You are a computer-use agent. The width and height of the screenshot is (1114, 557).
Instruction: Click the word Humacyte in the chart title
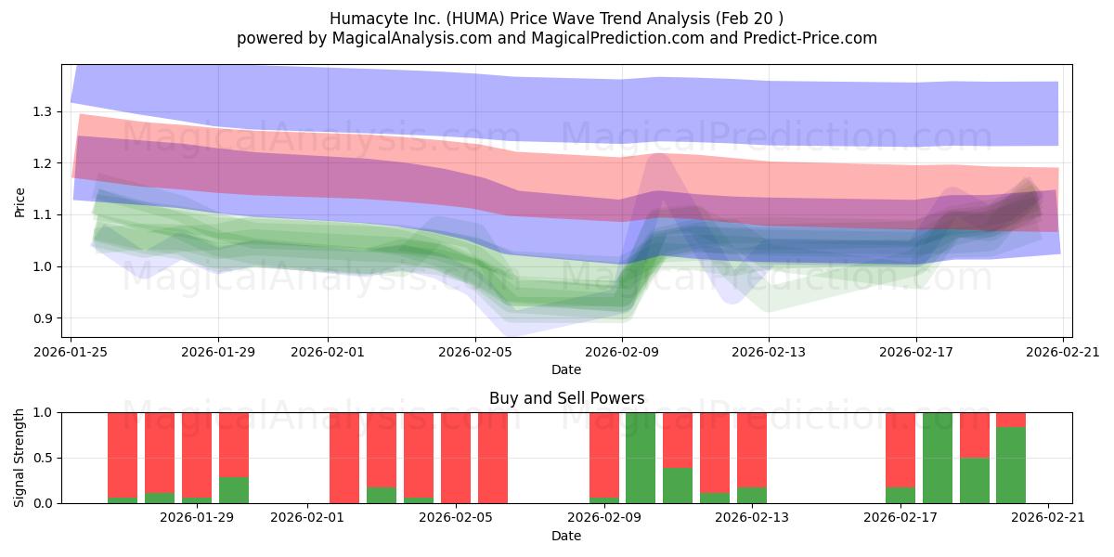(x=363, y=19)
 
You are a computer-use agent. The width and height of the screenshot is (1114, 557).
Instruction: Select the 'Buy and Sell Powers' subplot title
(x=566, y=398)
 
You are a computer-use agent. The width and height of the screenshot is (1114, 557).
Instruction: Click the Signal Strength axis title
(x=20, y=458)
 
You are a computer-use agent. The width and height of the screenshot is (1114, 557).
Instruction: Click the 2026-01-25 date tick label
(x=71, y=352)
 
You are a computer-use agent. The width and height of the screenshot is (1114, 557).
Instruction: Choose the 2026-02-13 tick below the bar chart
(x=752, y=518)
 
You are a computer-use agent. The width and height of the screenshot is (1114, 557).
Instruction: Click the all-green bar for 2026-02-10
(x=641, y=458)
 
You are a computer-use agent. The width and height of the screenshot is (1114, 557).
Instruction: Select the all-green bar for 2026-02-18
(x=938, y=458)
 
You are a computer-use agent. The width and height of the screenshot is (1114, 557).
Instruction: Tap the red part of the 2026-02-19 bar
(x=974, y=434)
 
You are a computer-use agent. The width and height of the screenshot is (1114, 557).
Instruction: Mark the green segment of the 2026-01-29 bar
(x=234, y=491)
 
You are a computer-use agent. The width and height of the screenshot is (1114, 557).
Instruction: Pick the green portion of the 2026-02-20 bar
(x=1011, y=465)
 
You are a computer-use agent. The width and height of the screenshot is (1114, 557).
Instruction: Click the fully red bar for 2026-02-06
(x=493, y=458)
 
